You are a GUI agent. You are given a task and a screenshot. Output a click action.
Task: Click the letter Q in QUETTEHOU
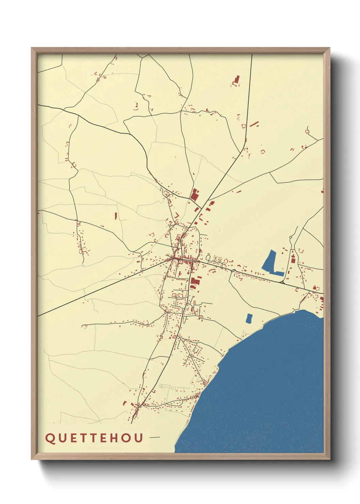[50, 438]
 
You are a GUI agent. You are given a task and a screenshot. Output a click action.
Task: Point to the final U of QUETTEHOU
[138, 438]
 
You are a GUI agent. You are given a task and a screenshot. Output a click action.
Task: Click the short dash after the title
[154, 437]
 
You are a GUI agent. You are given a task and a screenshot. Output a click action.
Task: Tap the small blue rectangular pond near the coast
[249, 318]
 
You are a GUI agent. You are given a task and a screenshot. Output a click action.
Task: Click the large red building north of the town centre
[194, 195]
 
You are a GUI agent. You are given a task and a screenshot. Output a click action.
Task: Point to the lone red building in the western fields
[116, 216]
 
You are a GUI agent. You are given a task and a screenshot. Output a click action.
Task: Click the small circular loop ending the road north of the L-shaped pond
[291, 237]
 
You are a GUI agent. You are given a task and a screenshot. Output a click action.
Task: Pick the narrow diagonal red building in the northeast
[254, 124]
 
